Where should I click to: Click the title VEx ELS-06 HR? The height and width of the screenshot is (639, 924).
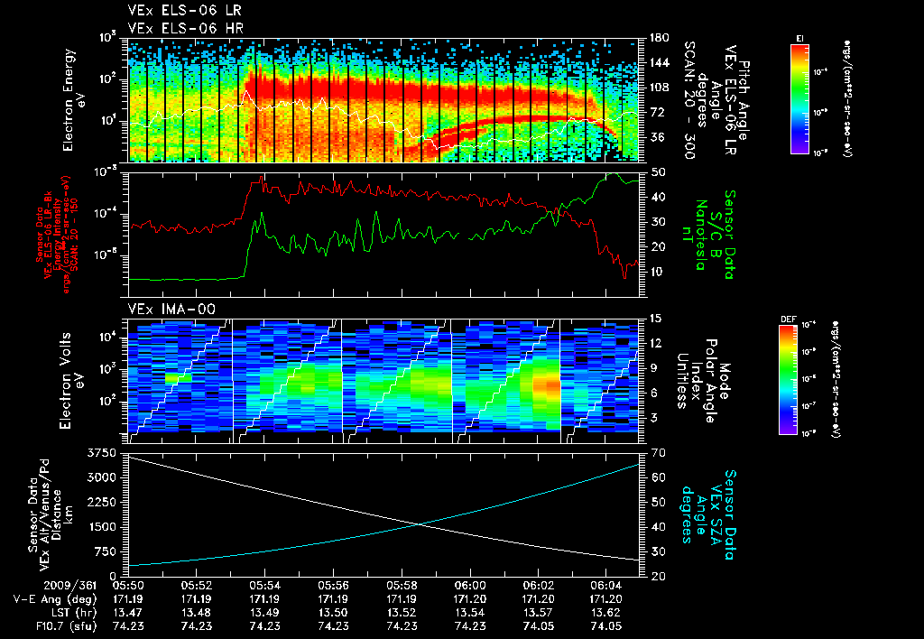coord(177,28)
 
